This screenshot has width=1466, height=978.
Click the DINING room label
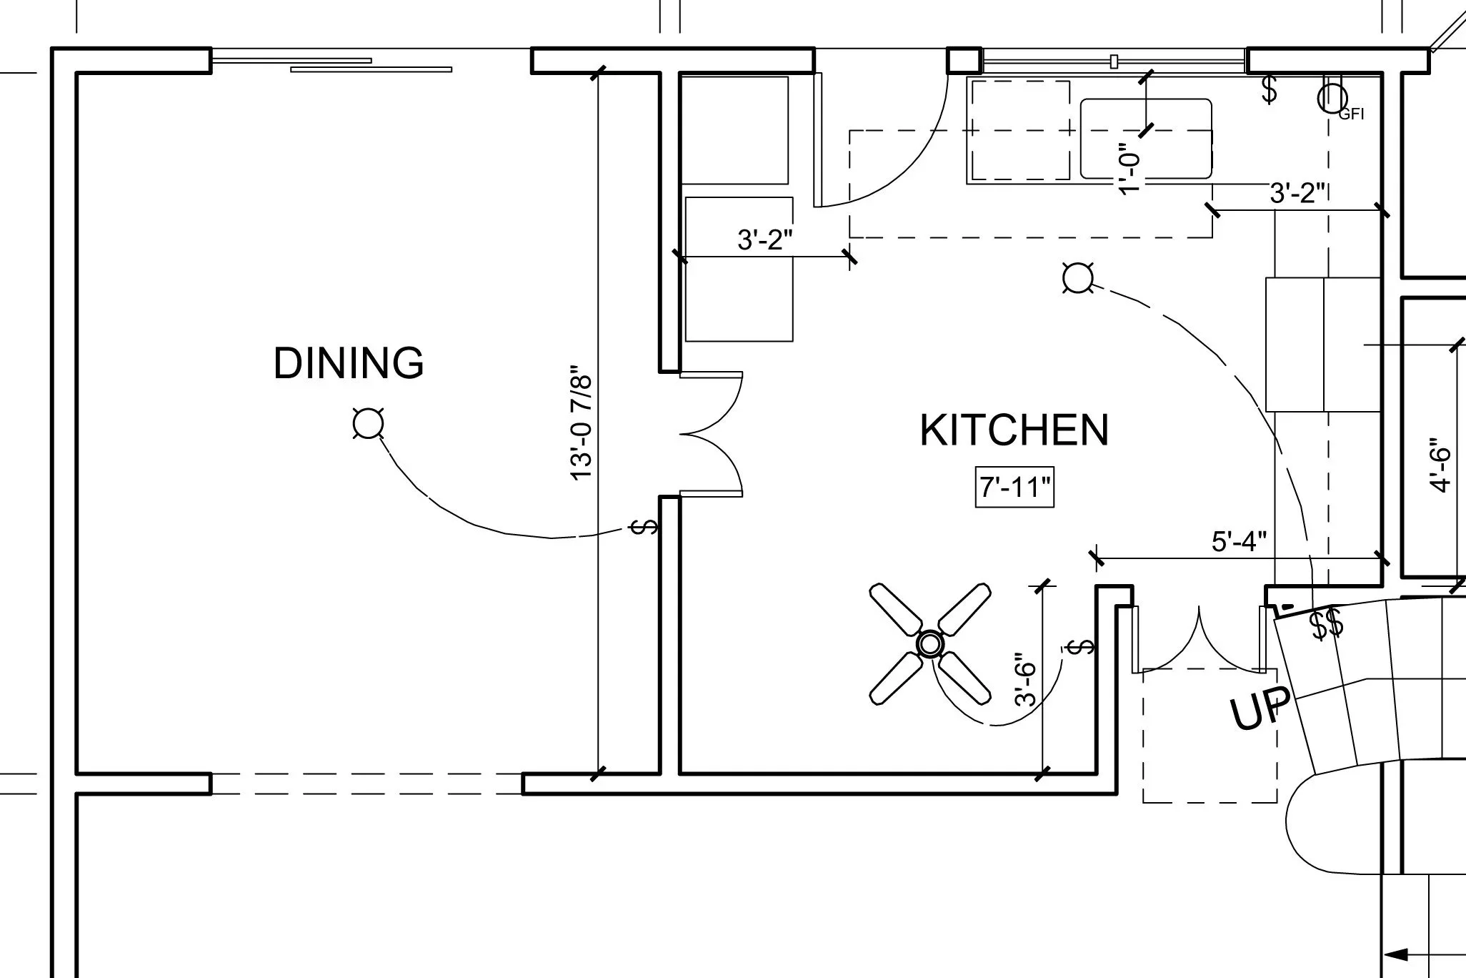click(349, 363)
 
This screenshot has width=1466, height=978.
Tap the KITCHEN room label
click(1014, 430)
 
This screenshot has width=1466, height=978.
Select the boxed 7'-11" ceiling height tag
click(1014, 488)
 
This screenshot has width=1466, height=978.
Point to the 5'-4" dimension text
click(1239, 542)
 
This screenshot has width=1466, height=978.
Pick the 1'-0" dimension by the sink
click(1128, 167)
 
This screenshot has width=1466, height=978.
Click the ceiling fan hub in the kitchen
click(929, 644)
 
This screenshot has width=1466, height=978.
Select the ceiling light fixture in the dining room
click(368, 423)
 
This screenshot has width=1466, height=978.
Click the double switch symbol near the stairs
click(1326, 623)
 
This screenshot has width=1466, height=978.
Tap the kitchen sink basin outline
click(1145, 139)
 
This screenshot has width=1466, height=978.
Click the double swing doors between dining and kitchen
click(711, 434)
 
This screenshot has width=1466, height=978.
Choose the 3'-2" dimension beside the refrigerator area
click(764, 240)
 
